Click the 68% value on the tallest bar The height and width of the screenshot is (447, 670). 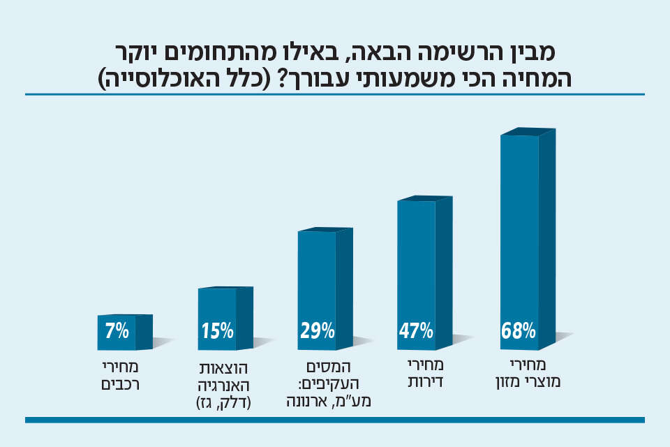[x=518, y=330]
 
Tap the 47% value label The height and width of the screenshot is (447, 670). [x=416, y=330]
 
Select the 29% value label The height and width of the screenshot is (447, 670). [x=317, y=330]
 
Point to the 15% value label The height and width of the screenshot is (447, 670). [x=217, y=330]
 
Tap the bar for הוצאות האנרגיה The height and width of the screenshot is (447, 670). [x=217, y=307]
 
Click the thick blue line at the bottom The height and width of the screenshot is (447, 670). [x=335, y=420]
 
